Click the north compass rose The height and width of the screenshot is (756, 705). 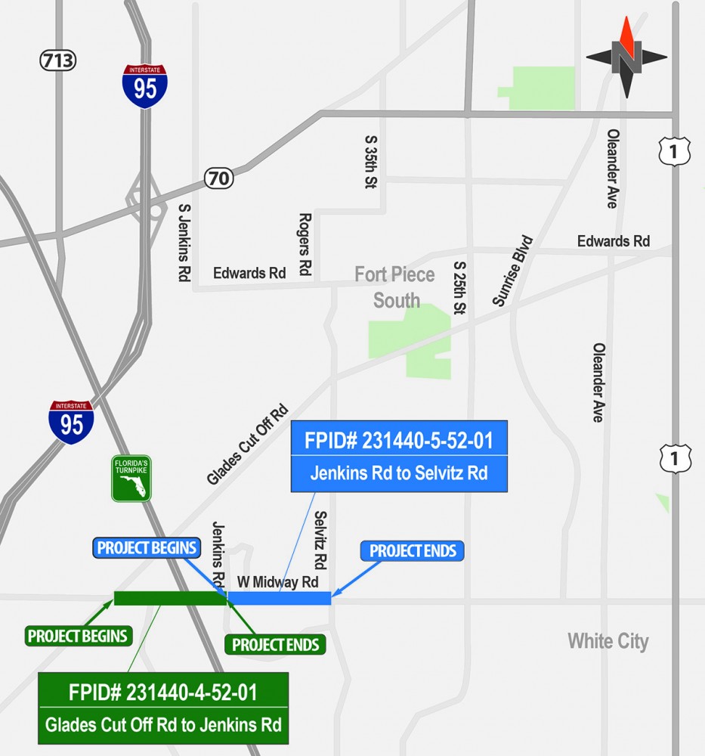point(626,57)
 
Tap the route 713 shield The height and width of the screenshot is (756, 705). point(58,60)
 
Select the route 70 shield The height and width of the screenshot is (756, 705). point(218,179)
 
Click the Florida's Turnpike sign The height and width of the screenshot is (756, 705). point(131,479)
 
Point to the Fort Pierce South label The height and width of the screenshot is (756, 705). point(395,287)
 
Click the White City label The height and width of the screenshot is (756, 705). point(608,642)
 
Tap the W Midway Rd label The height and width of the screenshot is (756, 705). point(277,582)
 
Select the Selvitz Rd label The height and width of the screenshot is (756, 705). point(320,540)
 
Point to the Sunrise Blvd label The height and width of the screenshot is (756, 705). point(513,271)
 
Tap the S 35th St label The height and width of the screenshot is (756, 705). point(372,163)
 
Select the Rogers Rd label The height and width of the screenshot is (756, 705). point(305,243)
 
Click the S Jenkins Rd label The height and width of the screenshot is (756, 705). point(183,242)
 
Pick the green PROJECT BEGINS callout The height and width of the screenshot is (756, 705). point(77,636)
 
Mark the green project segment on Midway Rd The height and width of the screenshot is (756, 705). point(169,599)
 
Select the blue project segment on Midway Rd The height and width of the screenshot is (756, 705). point(280,599)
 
